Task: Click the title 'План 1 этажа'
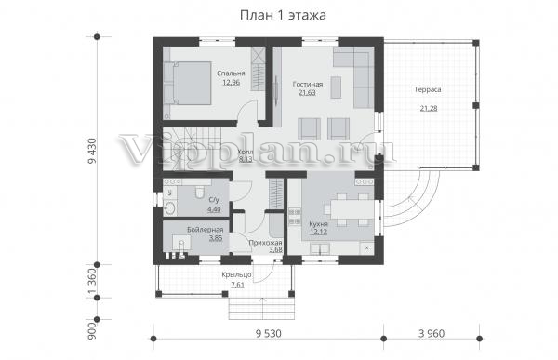pyautogui.click(x=283, y=15)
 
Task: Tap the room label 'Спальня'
pyautogui.click(x=231, y=73)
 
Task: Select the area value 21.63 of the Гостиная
pyautogui.click(x=307, y=93)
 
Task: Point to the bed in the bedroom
pyautogui.click(x=188, y=83)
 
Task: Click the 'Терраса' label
pyautogui.click(x=428, y=89)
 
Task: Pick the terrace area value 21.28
pyautogui.click(x=429, y=108)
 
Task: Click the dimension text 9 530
pyautogui.click(x=269, y=334)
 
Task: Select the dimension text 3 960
pyautogui.click(x=432, y=334)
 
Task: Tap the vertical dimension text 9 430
pyautogui.click(x=92, y=151)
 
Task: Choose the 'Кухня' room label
pyautogui.click(x=318, y=224)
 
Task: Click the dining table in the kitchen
pyautogui.click(x=352, y=209)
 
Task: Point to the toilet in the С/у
pyautogui.click(x=200, y=192)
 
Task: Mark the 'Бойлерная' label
pyautogui.click(x=206, y=230)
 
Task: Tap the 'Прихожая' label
pyautogui.click(x=265, y=243)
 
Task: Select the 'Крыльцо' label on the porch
pyautogui.click(x=236, y=275)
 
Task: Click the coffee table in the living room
pyautogui.click(x=336, y=87)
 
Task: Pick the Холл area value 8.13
pyautogui.click(x=246, y=159)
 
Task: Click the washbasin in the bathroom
pyautogui.click(x=170, y=208)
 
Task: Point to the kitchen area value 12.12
pyautogui.click(x=318, y=233)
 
